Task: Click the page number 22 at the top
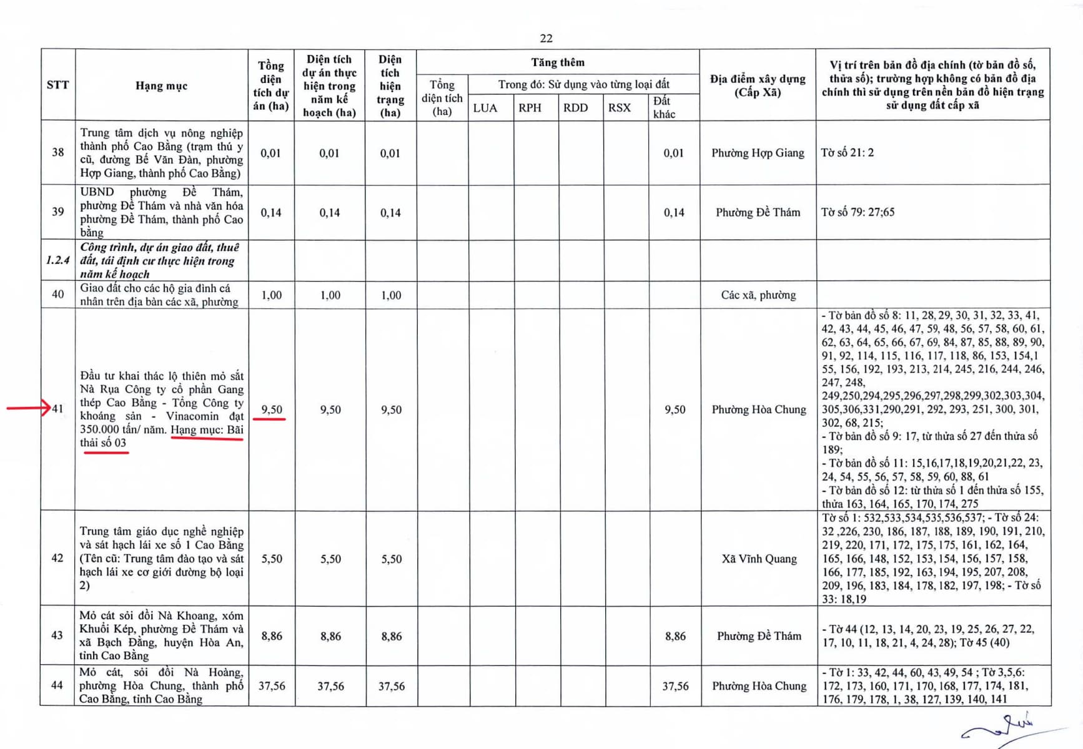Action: tap(546, 38)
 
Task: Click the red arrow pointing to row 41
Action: tap(29, 408)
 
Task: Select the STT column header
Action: tap(57, 85)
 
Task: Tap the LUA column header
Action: tap(485, 107)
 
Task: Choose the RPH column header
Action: tap(530, 107)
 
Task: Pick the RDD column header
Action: tap(575, 107)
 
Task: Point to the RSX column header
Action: tap(620, 107)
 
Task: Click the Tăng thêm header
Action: tap(558, 62)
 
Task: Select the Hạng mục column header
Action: tap(161, 86)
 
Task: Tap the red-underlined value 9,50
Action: tap(272, 409)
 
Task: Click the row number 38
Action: tap(57, 152)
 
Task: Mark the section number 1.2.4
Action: tap(57, 260)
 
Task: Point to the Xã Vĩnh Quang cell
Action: tap(759, 559)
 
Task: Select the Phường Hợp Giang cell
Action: tap(758, 153)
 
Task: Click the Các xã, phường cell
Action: tap(758, 295)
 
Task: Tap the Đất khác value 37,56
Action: tap(675, 686)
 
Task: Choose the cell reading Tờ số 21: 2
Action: tap(848, 153)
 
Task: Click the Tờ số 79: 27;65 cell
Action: tap(858, 212)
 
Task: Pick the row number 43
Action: tap(57, 635)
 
